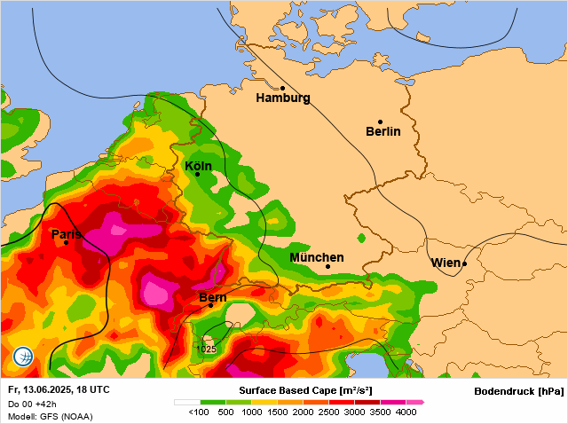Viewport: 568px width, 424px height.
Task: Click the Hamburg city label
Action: click(x=283, y=98)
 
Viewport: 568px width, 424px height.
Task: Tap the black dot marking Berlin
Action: click(x=380, y=122)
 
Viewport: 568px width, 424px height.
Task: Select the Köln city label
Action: click(x=198, y=166)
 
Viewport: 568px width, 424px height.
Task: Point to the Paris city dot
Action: click(x=66, y=242)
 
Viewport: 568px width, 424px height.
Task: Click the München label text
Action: click(x=317, y=257)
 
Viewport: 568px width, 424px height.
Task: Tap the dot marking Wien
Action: click(x=464, y=263)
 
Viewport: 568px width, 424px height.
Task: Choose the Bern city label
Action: click(x=213, y=297)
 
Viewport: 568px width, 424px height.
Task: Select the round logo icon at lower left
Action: click(x=24, y=357)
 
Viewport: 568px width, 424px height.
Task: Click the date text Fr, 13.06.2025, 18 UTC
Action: click(x=59, y=389)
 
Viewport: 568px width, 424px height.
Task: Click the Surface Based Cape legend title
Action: click(x=305, y=390)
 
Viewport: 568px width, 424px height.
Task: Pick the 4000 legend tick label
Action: click(x=406, y=412)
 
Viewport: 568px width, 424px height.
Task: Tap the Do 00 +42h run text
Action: click(x=33, y=404)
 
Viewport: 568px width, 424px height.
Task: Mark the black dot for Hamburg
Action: click(x=282, y=88)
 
